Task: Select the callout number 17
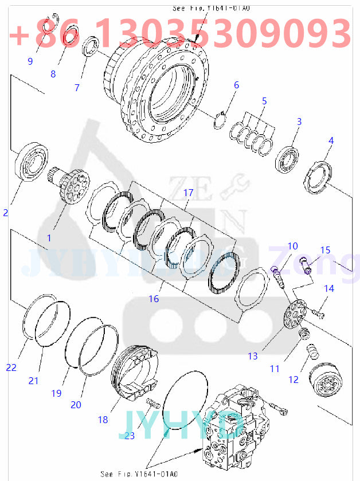click(x=188, y=193)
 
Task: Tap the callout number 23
click(x=130, y=435)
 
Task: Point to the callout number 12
click(x=293, y=380)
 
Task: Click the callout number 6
click(x=236, y=85)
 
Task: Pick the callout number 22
click(x=11, y=367)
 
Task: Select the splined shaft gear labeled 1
click(x=71, y=186)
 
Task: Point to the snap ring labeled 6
click(x=218, y=122)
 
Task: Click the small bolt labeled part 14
click(x=319, y=312)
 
